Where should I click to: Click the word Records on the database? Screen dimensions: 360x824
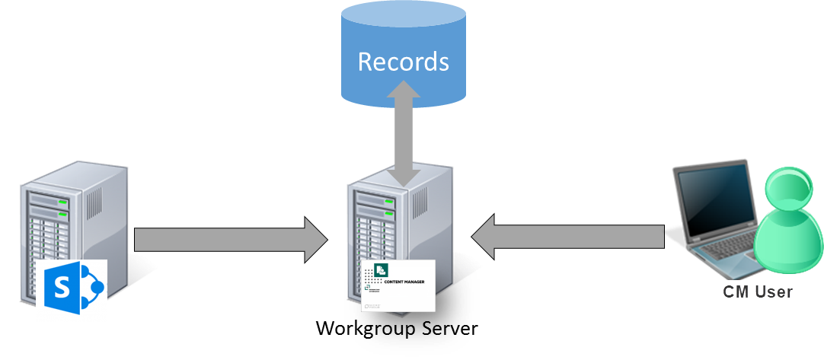click(403, 62)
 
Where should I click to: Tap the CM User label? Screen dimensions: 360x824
click(757, 292)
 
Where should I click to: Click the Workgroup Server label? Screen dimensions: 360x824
click(396, 328)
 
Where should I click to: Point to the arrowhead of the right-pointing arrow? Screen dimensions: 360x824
click(315, 240)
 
